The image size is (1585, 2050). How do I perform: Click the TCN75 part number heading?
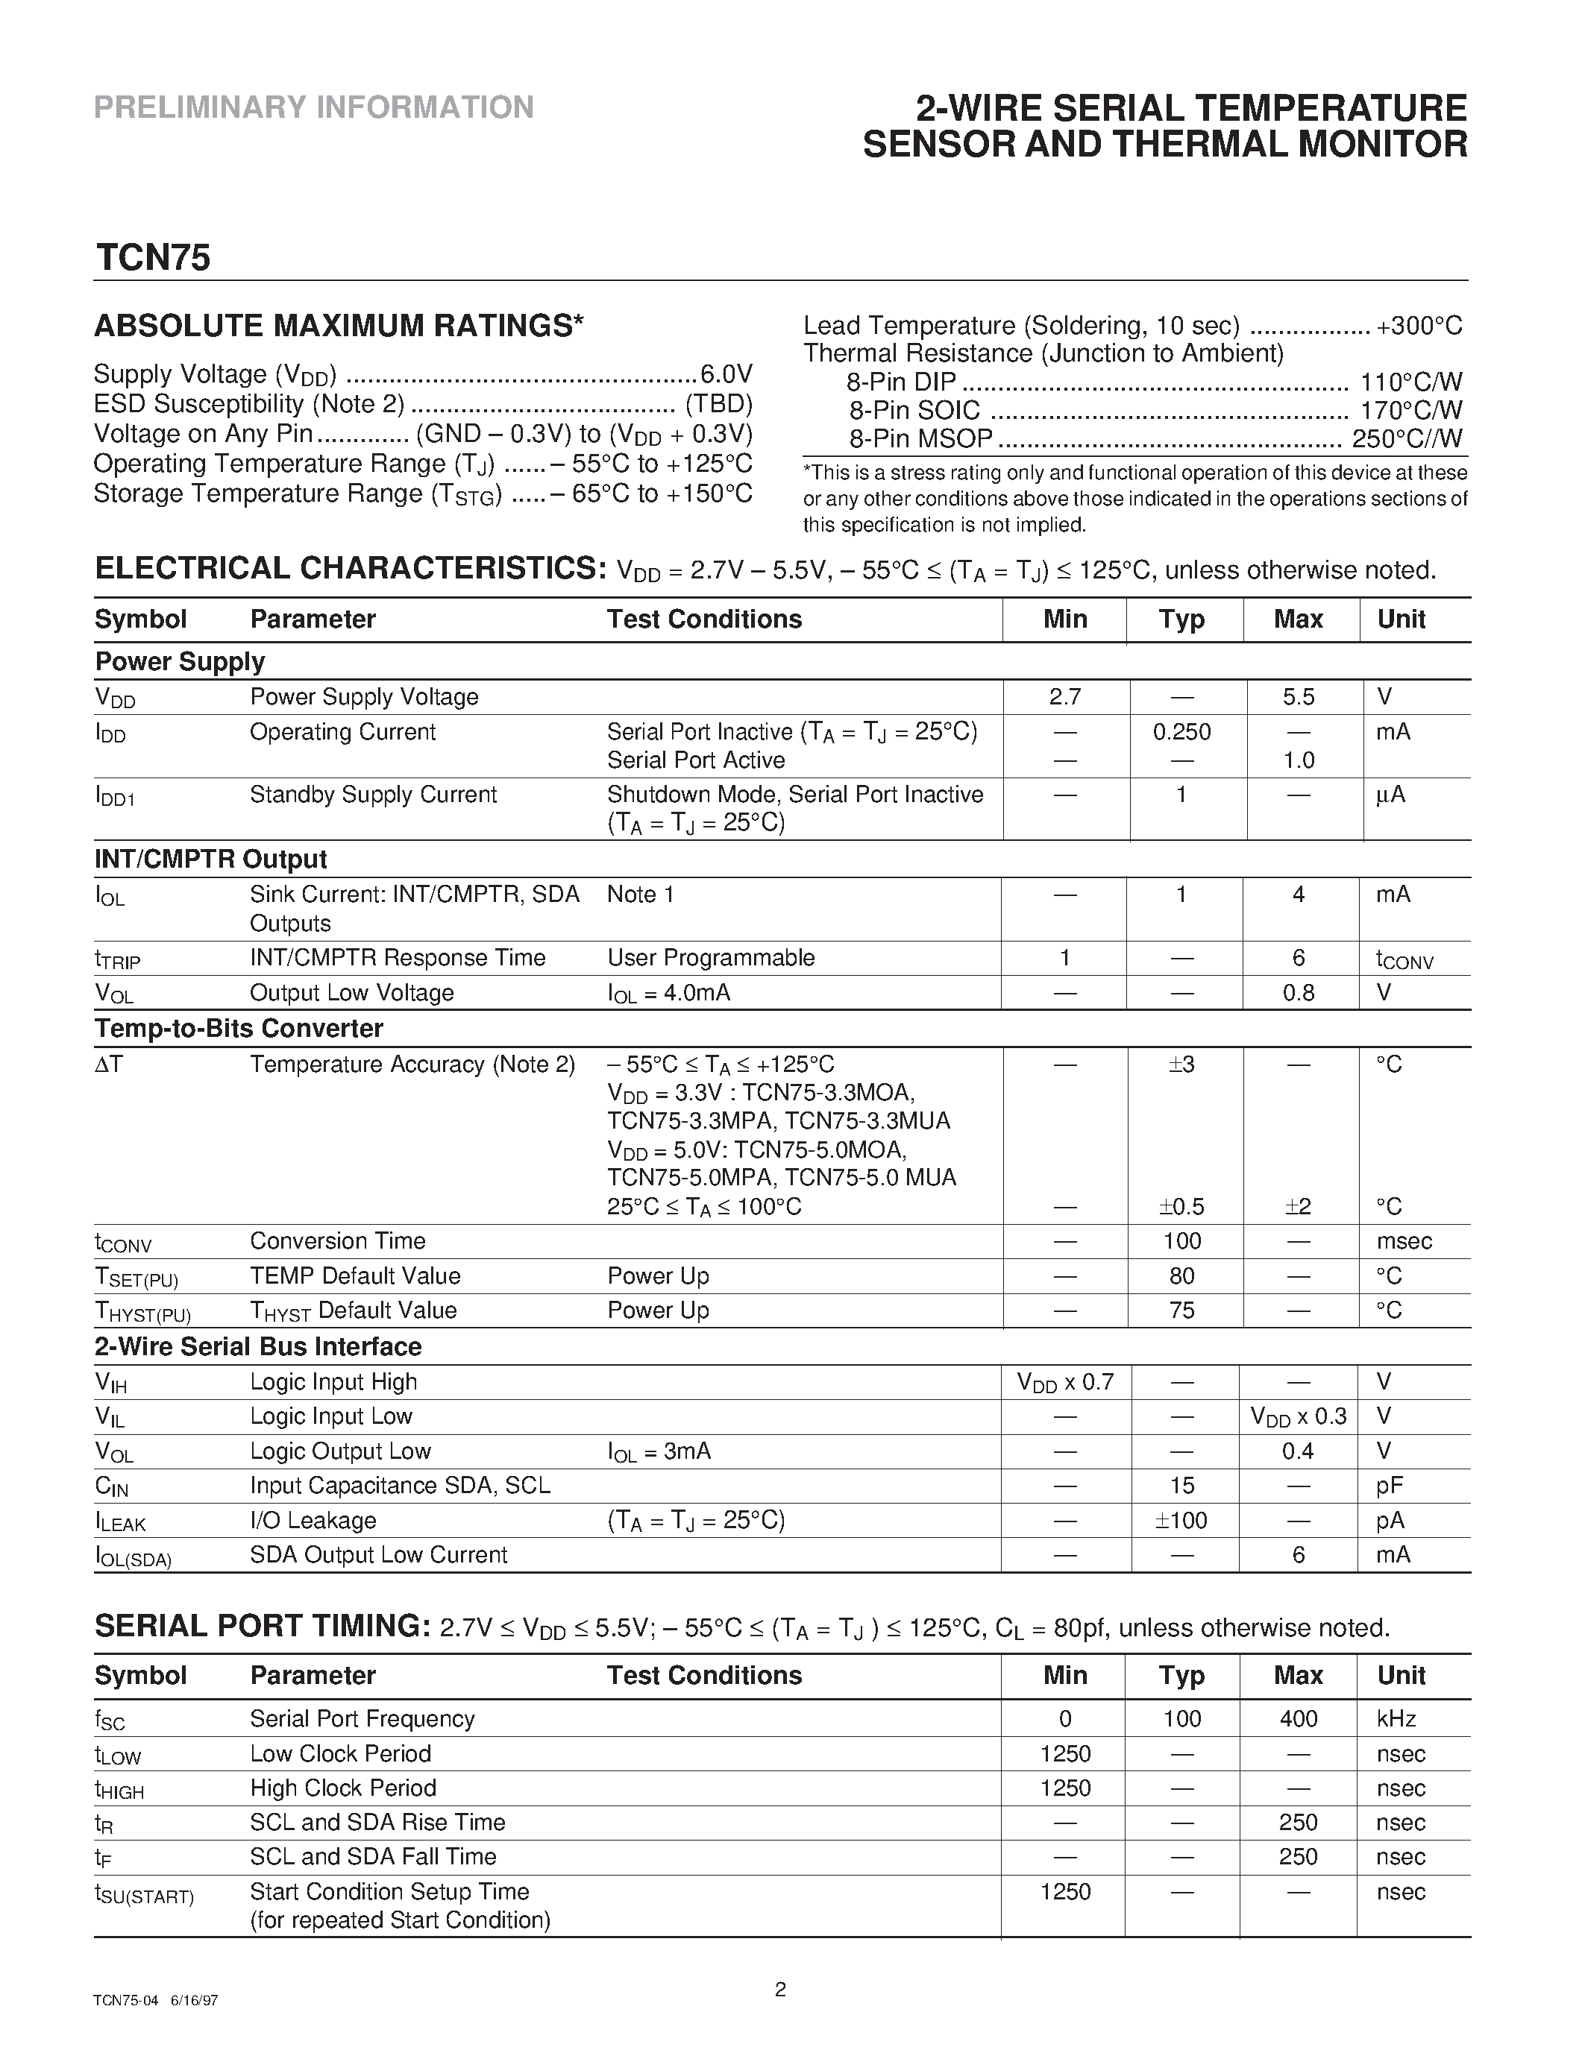click(x=152, y=258)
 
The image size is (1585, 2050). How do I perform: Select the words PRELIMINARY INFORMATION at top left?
click(x=313, y=108)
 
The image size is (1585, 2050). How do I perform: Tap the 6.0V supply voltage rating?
click(x=726, y=374)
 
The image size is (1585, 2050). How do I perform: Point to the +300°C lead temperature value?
click(x=1419, y=326)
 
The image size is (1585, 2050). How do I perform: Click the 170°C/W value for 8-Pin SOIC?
click(x=1411, y=410)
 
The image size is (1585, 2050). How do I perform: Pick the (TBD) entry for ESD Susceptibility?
click(x=718, y=405)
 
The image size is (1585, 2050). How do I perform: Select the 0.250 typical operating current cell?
click(x=1181, y=732)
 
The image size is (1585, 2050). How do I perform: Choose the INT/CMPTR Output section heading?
click(x=210, y=860)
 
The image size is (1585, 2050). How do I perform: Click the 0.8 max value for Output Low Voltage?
click(x=1298, y=993)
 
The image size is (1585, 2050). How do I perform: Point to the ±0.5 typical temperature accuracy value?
click(x=1181, y=1207)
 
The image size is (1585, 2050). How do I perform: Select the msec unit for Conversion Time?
click(x=1404, y=1242)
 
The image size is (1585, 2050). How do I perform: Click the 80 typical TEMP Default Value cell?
click(x=1181, y=1276)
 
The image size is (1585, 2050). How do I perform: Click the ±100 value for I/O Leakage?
click(x=1181, y=1521)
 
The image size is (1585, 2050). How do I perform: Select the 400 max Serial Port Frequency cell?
click(x=1298, y=1719)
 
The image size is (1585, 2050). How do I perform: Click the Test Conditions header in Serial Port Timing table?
click(x=704, y=1676)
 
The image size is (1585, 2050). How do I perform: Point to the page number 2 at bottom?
click(x=780, y=1988)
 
